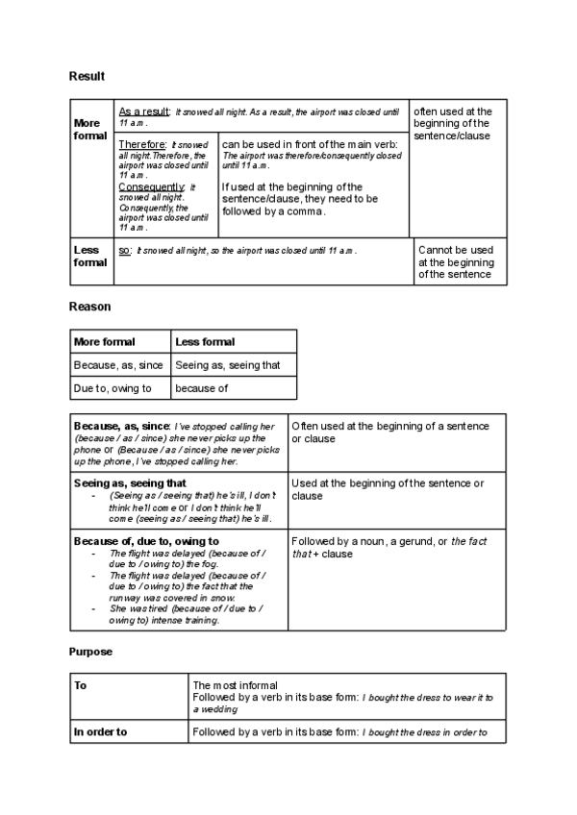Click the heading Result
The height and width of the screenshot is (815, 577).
point(87,76)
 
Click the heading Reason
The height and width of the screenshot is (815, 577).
point(89,307)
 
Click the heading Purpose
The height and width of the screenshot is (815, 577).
point(90,652)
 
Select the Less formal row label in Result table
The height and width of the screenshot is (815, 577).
point(90,256)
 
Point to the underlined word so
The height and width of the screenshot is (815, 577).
point(124,250)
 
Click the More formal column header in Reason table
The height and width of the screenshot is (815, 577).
point(105,341)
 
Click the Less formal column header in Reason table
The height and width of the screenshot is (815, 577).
point(205,341)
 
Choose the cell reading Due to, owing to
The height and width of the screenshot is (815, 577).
point(112,388)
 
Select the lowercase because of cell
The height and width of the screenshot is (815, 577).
point(201,388)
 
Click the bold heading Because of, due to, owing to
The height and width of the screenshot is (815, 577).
point(146,541)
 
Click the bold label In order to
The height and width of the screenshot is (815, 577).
point(101,732)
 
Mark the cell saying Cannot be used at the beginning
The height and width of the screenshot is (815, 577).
point(456,261)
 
